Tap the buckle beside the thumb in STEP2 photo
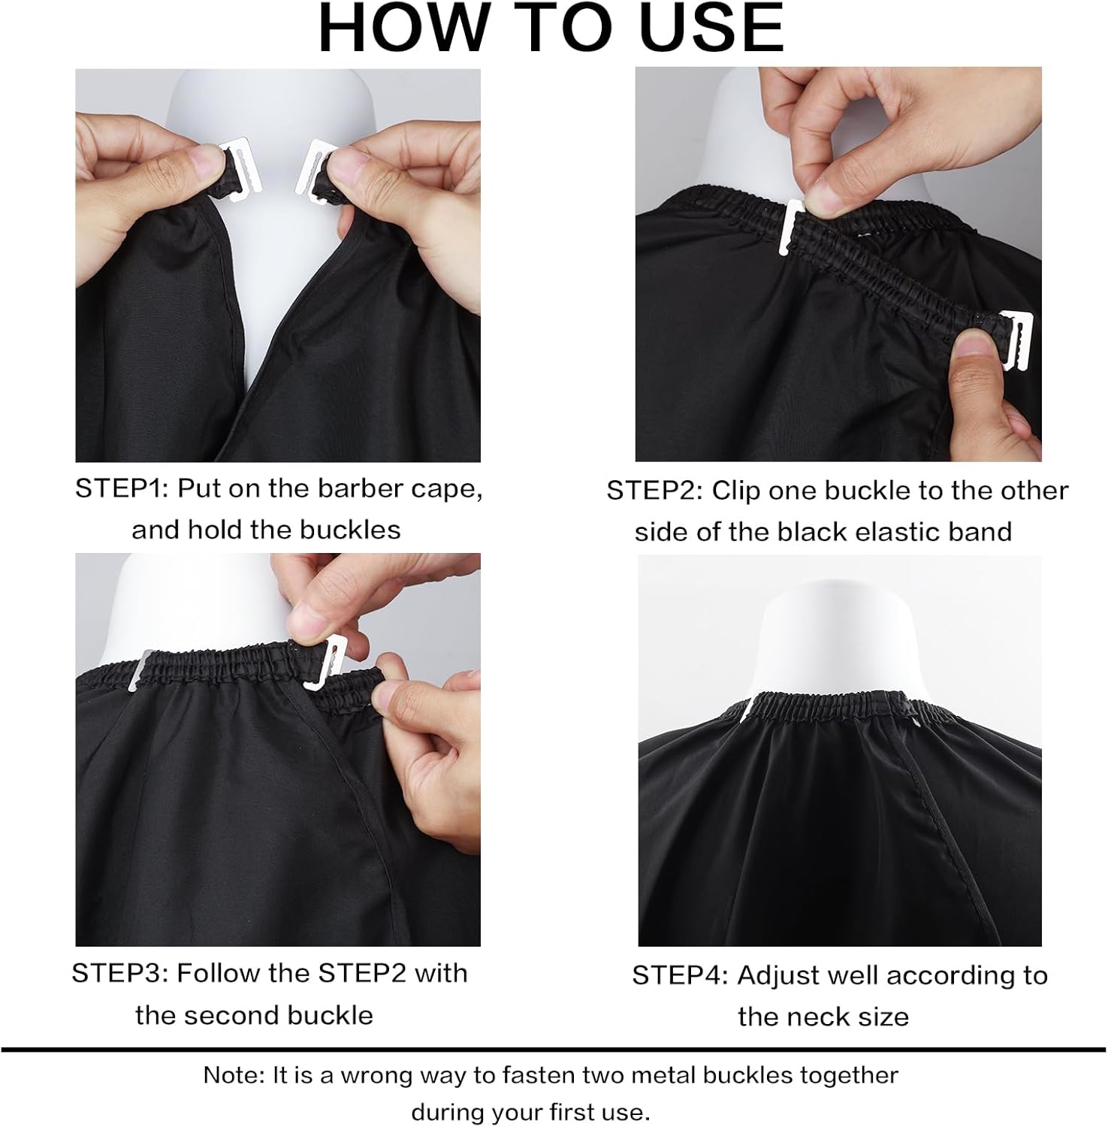tap(1016, 338)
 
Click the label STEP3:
tap(121, 974)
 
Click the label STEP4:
tap(681, 976)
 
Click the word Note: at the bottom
tap(234, 1076)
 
